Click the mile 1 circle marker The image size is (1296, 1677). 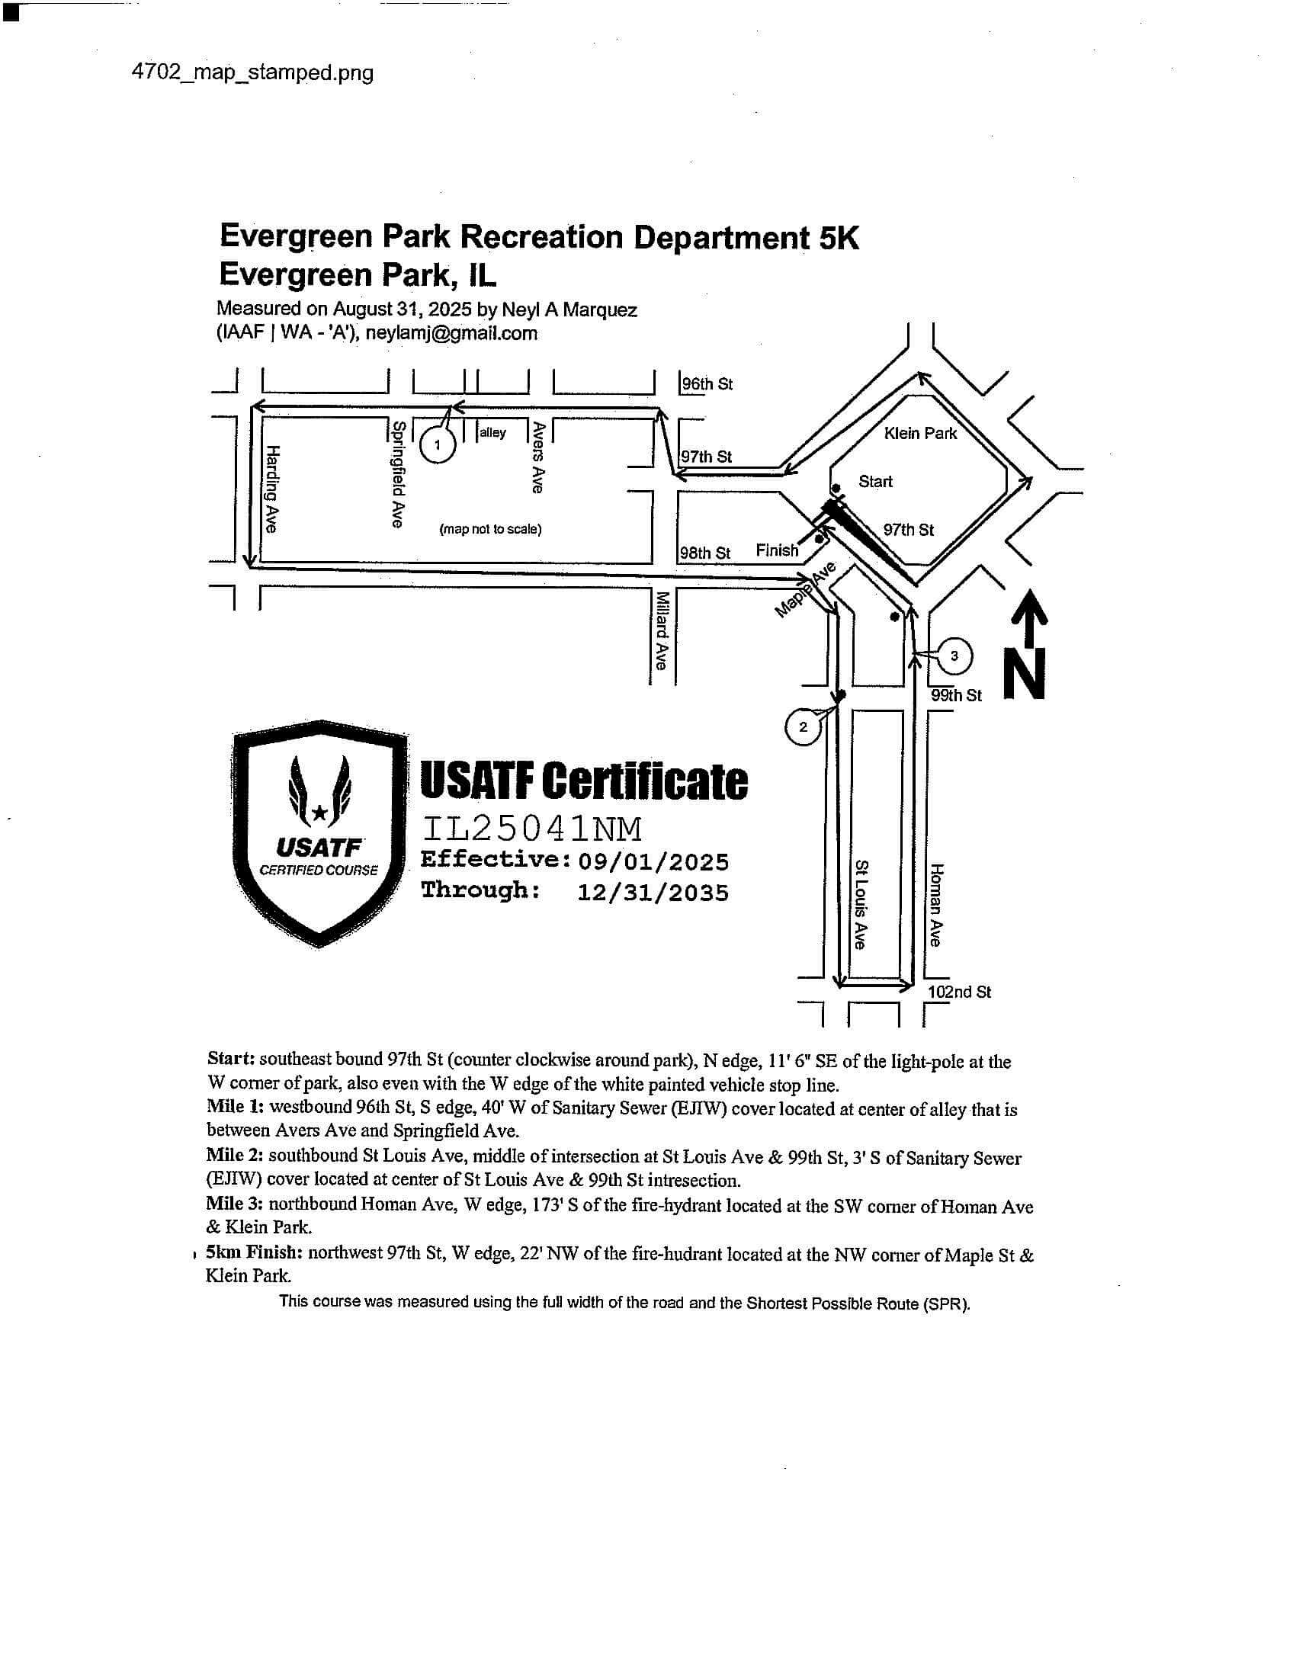[438, 444]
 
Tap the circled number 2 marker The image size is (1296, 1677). [803, 726]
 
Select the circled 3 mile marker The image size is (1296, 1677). [954, 656]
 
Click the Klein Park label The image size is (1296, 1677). [920, 434]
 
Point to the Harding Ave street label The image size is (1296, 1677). [273, 489]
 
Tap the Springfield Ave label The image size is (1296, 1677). [398, 474]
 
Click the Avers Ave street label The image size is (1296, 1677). [538, 457]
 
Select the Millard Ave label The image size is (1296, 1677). [660, 630]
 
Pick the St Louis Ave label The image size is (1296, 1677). [861, 904]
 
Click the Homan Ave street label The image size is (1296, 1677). [936, 905]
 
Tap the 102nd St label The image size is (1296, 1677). [959, 992]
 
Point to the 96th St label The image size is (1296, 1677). [707, 384]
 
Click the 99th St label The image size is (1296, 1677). [956, 696]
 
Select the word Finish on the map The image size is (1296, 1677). [777, 550]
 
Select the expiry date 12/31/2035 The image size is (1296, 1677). [653, 893]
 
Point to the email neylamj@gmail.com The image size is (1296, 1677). [451, 333]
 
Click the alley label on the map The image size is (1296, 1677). [492, 433]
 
